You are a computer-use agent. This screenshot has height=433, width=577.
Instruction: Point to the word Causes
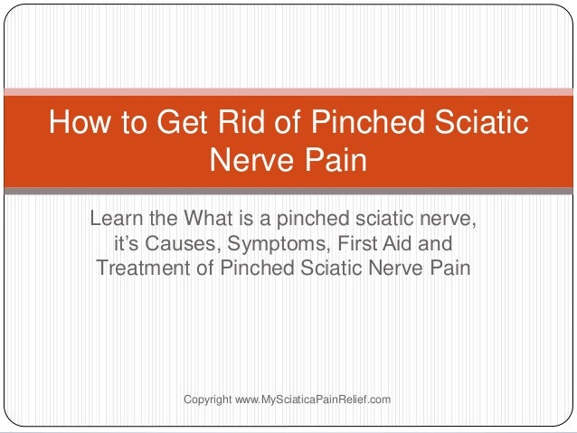pyautogui.click(x=184, y=244)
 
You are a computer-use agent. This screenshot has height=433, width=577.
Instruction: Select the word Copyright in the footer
pyautogui.click(x=207, y=399)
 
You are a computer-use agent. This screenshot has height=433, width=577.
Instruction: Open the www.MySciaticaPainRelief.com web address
pyautogui.click(x=312, y=399)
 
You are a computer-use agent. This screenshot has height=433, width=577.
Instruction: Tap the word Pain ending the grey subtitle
pyautogui.click(x=449, y=268)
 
